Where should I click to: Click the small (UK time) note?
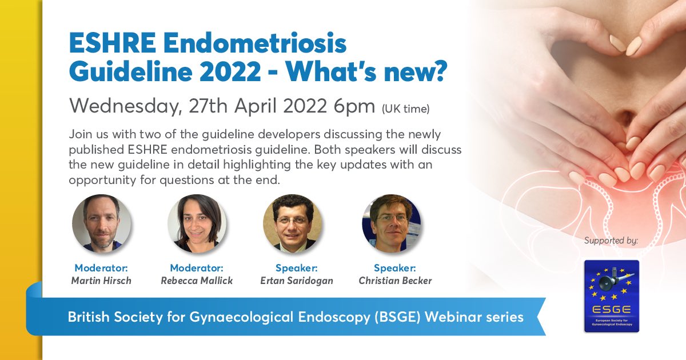point(406,107)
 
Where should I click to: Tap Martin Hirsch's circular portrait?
point(101,223)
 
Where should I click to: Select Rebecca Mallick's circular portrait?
point(197,223)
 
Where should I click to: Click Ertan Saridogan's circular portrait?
point(292,223)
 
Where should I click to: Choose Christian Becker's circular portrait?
point(391,223)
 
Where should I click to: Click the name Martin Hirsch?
point(101,280)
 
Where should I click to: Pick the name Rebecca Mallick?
point(197,280)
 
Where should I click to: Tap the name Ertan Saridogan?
point(296,280)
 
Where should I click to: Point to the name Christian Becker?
point(395,280)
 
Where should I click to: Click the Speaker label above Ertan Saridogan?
point(296,268)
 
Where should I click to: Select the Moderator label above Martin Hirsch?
point(101,268)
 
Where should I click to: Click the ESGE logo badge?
point(611,295)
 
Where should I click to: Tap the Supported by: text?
point(611,241)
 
